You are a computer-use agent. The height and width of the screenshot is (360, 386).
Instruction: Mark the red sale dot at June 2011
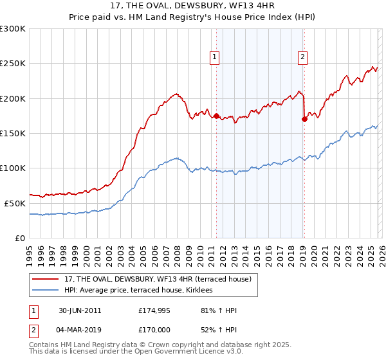coord(216,116)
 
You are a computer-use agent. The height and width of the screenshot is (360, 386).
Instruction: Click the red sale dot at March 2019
coord(304,119)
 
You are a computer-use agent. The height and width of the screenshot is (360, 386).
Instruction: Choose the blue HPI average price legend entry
coord(142,291)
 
